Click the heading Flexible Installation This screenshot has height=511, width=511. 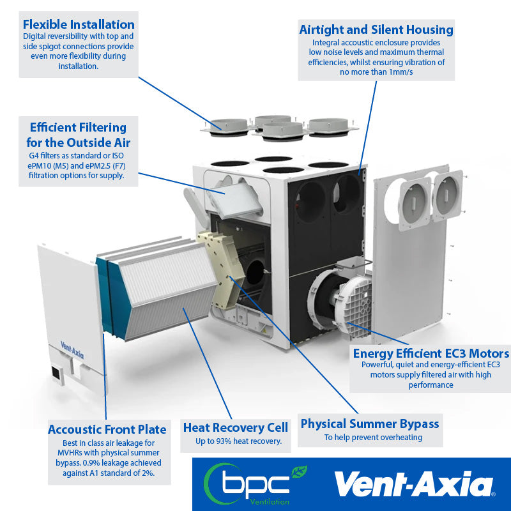79,24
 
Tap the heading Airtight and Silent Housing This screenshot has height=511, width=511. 376,29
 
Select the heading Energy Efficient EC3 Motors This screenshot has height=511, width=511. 431,353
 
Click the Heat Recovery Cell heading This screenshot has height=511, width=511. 235,427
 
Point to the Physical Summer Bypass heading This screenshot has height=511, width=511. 370,423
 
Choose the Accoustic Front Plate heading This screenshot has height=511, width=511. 107,429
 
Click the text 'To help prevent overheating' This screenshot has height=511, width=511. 372,438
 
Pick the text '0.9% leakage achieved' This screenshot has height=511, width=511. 116,462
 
